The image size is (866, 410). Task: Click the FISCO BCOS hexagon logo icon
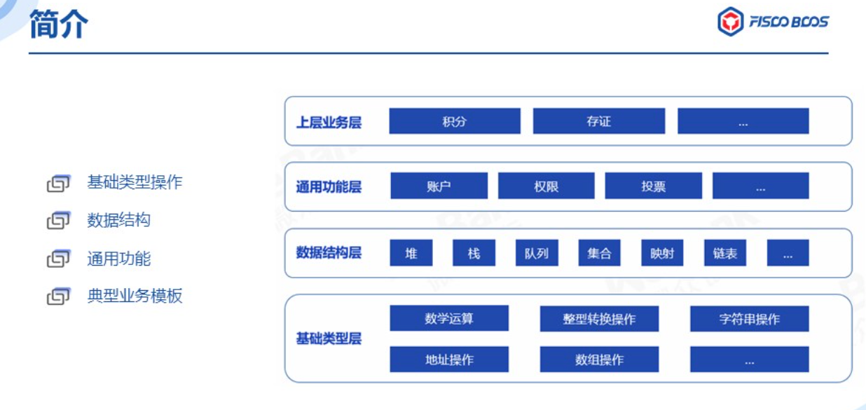pos(730,22)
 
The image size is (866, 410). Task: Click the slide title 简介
pos(59,24)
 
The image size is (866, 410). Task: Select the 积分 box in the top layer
pos(455,121)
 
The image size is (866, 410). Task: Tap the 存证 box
pos(599,121)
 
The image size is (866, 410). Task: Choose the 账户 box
pos(439,186)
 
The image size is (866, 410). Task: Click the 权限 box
pos(547,186)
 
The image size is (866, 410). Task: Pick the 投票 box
pos(654,186)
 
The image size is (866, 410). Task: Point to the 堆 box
pos(411,253)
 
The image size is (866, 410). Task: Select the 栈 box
pos(474,253)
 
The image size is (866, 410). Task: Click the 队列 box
pos(537,253)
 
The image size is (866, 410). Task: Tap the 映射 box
pos(662,253)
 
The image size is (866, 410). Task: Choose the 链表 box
pos(725,253)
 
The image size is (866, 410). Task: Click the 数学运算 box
pos(449,318)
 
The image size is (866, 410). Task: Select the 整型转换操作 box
pos(599,319)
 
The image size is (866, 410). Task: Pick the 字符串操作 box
pos(749,319)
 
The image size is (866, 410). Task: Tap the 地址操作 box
pos(449,360)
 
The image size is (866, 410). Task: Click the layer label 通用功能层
pos(329,187)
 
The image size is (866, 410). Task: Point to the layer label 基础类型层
pos(329,339)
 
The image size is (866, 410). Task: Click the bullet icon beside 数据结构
pos(58,220)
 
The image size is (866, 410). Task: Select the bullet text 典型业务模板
pos(135,296)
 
